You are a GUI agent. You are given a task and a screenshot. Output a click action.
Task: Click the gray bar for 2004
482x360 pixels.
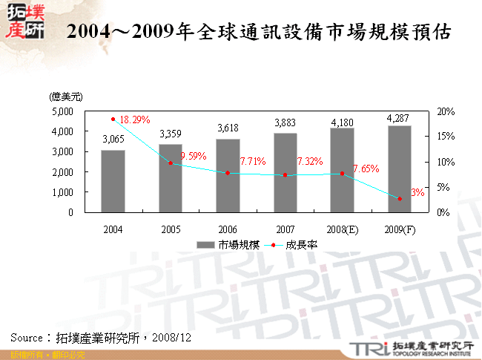pos(113,181)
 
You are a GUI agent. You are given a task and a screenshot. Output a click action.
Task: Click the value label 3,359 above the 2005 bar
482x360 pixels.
pos(170,134)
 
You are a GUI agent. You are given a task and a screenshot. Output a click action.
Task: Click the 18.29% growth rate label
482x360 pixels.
pos(135,120)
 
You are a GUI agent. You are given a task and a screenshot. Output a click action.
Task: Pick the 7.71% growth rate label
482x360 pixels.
pos(253,161)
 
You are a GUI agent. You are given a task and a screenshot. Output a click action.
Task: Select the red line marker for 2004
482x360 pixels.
pos(113,119)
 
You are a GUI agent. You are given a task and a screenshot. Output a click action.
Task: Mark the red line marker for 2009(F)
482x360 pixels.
pos(399,199)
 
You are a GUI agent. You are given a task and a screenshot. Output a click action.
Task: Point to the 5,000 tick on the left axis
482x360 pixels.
pos(62,111)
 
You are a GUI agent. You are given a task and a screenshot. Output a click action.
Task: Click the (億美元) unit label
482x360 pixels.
pos(65,96)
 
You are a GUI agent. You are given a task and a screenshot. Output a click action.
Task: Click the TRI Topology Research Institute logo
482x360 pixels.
pos(409,347)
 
